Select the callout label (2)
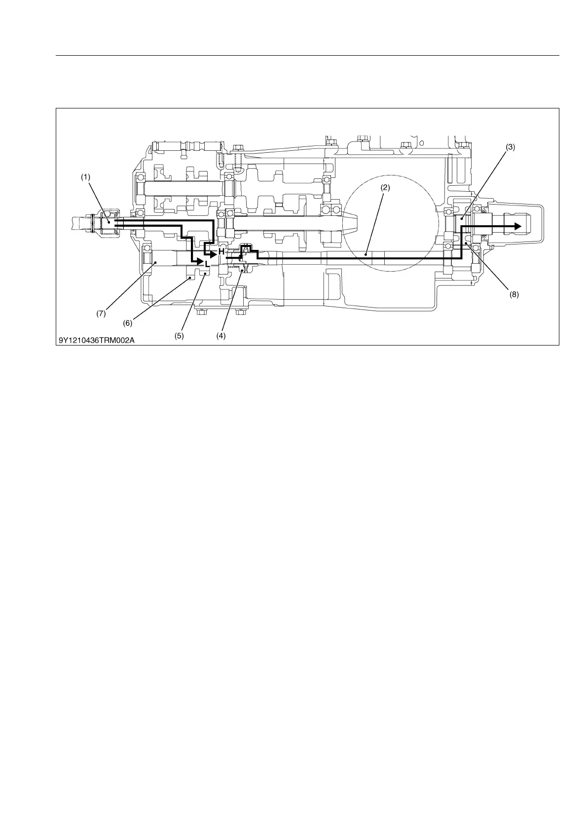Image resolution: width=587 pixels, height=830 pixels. [x=385, y=188]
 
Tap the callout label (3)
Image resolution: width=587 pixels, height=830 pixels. [x=510, y=147]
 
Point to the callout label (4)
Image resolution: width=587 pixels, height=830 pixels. [x=220, y=336]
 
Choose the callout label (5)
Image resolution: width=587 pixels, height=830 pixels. [x=179, y=336]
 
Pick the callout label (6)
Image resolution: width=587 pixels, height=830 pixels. [x=127, y=323]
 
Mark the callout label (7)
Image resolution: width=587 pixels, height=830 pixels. [x=101, y=313]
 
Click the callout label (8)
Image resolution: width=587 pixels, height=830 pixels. [x=514, y=295]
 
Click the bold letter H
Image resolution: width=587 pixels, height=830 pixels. [x=221, y=252]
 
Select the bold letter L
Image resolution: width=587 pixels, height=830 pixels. [x=208, y=264]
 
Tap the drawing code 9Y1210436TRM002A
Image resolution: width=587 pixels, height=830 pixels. [x=97, y=340]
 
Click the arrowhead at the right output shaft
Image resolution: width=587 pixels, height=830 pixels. [x=517, y=226]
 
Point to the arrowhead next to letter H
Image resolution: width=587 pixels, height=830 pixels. [x=213, y=254]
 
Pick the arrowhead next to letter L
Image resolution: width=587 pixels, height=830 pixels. [x=200, y=262]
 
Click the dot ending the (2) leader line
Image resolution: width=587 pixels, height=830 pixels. [x=366, y=254]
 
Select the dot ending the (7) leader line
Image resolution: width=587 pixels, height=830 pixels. [x=155, y=264]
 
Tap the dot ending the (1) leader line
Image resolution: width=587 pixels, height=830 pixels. [x=109, y=222]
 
